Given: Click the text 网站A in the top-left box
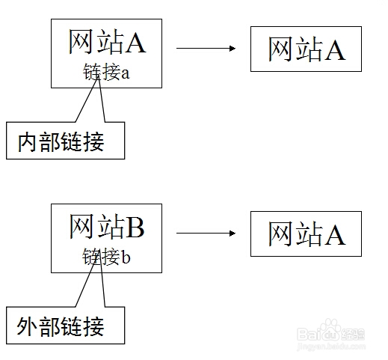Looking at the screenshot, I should (106, 43).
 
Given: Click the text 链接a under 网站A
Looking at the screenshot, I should (106, 74).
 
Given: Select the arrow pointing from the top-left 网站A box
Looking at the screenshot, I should (206, 48).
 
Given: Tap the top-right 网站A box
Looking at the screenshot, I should (307, 49).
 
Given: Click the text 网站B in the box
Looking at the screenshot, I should (106, 227).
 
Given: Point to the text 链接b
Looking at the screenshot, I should (106, 257).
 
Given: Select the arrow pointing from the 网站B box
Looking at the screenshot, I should (206, 233).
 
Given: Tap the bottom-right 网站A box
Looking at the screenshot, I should (307, 234).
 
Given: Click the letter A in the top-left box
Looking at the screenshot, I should (135, 43).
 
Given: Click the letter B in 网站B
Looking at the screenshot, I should (135, 227).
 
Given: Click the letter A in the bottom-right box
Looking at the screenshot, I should (334, 234).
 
